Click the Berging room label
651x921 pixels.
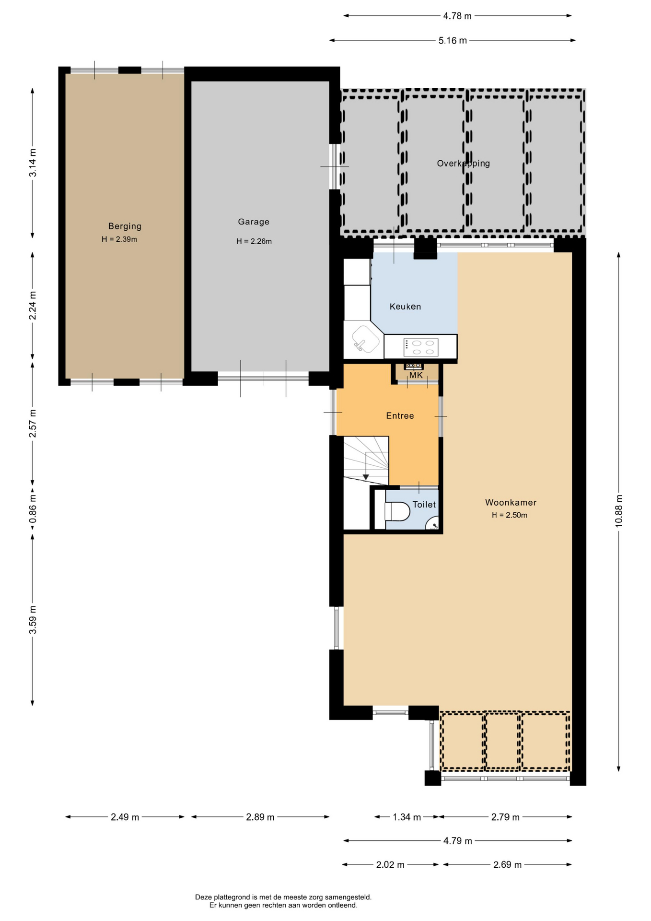pos(125,226)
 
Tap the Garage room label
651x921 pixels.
pos(254,222)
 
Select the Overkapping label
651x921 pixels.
pos(463,164)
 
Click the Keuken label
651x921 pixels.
pos(405,307)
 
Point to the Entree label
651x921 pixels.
pos(400,416)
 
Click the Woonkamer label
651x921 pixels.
pos(511,503)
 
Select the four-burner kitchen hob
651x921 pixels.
pos(421,347)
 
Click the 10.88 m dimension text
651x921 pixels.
pos(619,511)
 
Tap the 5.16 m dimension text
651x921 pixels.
pos(453,41)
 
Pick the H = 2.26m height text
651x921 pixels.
pos(254,242)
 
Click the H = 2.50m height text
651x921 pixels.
pos(510,516)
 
